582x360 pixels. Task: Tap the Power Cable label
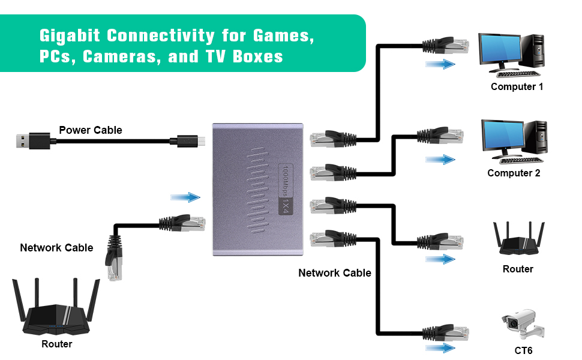91,130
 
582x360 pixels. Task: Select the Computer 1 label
517,86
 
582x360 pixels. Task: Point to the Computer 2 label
514,173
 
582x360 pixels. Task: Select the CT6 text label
523,350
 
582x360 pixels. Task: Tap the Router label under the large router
57,344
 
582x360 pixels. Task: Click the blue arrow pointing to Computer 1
441,64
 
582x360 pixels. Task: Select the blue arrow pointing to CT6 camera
441,348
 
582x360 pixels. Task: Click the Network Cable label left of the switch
56,248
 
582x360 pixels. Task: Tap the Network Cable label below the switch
335,273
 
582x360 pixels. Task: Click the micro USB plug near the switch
191,142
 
